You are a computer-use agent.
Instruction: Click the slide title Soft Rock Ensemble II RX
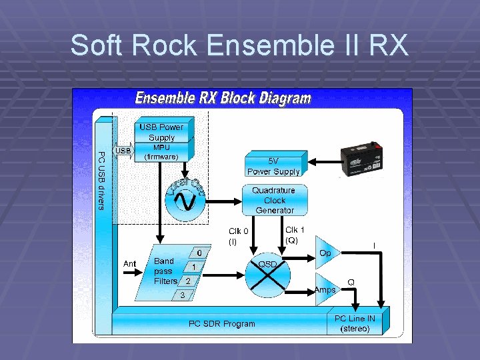[x=239, y=45]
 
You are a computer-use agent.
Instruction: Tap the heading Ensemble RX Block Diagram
[x=223, y=99]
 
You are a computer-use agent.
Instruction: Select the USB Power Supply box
[x=161, y=131]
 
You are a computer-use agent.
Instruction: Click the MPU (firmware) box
[x=161, y=152]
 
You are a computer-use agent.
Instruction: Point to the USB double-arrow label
[x=123, y=151]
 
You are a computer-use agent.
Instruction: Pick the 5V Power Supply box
[x=273, y=166]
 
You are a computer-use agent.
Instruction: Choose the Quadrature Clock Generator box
[x=274, y=200]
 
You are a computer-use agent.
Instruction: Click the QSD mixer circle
[x=269, y=276]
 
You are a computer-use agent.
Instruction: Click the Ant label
[x=129, y=264]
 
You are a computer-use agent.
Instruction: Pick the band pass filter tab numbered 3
[x=181, y=294]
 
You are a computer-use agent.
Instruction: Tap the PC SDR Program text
[x=221, y=324]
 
